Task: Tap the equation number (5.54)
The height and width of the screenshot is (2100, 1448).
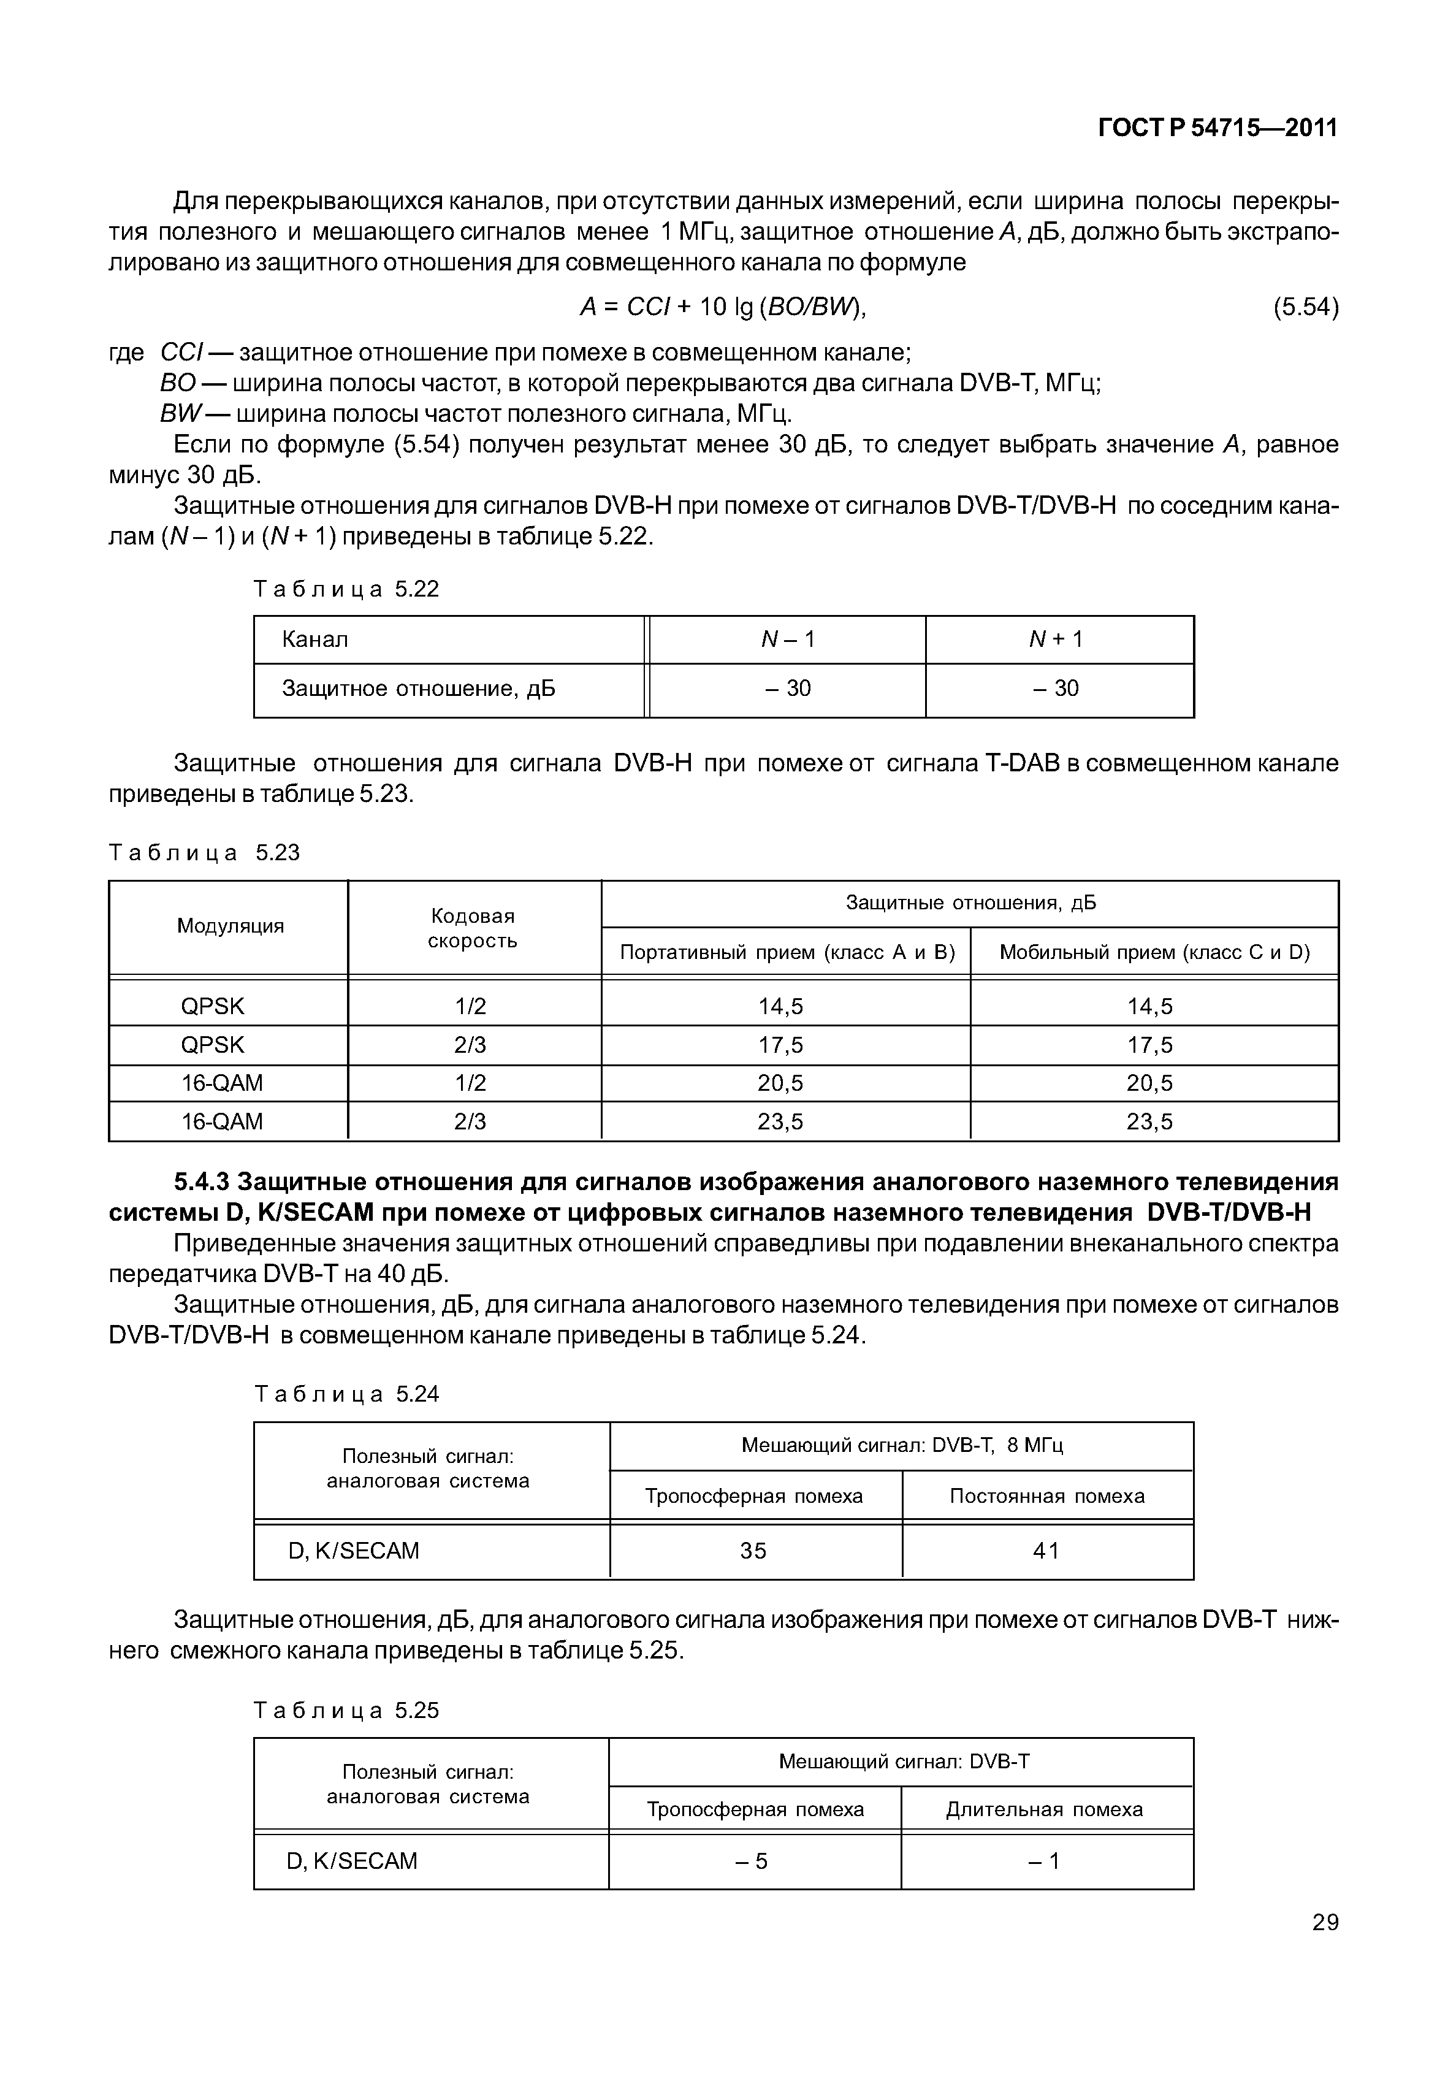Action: pyautogui.click(x=1306, y=308)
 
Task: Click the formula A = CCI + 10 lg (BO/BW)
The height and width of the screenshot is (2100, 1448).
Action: pyautogui.click(x=723, y=308)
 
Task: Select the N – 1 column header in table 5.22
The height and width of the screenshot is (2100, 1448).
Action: pyautogui.click(x=788, y=640)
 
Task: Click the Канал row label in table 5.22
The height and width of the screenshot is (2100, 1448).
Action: pyautogui.click(x=315, y=640)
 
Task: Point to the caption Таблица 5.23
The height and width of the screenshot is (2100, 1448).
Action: pyautogui.click(x=204, y=853)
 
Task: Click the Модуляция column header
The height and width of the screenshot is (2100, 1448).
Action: pyautogui.click(x=231, y=926)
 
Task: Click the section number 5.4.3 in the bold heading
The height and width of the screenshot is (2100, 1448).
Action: pyautogui.click(x=204, y=1182)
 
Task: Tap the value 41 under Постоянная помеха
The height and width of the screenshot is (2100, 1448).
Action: pyautogui.click(x=1046, y=1551)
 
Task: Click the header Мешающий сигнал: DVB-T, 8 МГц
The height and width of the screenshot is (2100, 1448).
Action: pyautogui.click(x=902, y=1445)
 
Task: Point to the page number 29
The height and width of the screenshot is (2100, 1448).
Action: pyautogui.click(x=1325, y=1922)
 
